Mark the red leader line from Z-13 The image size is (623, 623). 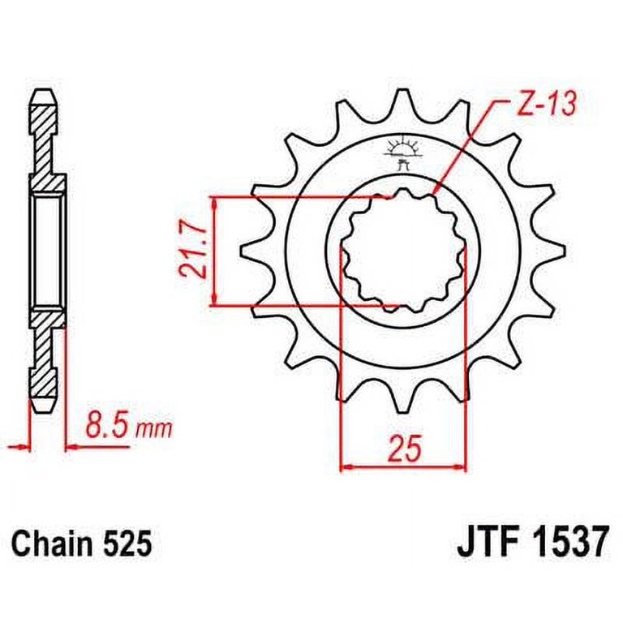pos(466,146)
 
